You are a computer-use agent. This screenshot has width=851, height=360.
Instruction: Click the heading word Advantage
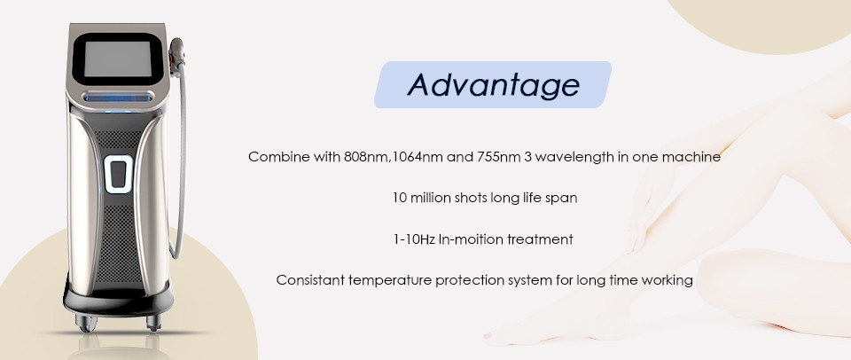click(494, 85)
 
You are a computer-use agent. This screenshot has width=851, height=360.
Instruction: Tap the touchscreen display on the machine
click(117, 59)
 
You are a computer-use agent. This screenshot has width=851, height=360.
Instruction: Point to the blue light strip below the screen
click(118, 98)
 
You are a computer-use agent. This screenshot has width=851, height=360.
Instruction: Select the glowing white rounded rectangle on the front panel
click(118, 175)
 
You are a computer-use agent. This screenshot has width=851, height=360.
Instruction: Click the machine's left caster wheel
click(87, 323)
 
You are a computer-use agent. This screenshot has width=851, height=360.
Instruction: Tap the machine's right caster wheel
click(154, 322)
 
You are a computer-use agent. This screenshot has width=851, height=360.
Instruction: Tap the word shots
click(471, 199)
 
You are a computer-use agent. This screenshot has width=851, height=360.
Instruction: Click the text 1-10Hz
click(414, 239)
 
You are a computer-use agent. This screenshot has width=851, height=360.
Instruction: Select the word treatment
click(540, 239)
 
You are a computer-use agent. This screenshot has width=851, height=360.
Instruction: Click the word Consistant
click(310, 281)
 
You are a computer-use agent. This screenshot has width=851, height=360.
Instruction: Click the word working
click(667, 281)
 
